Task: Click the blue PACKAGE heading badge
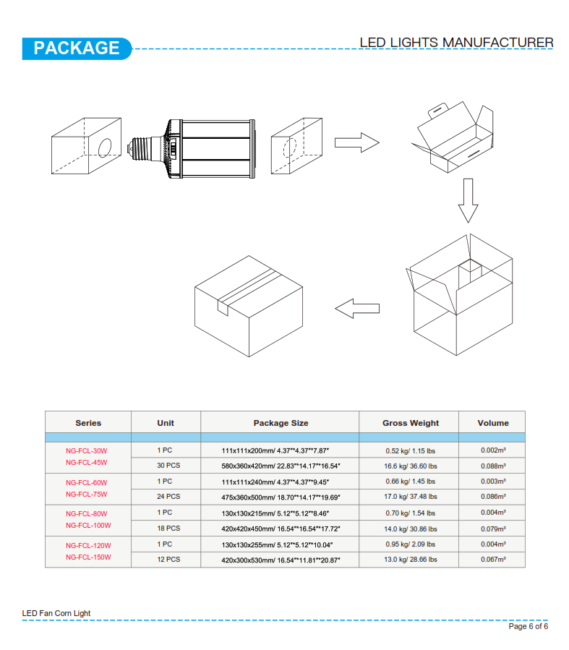tap(77, 48)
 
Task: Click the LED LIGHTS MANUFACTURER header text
tap(456, 42)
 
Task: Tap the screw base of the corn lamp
tap(142, 147)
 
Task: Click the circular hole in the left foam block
tap(105, 147)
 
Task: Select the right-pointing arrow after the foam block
tap(357, 142)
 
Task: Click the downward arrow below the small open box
tap(468, 200)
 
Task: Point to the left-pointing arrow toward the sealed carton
tap(357, 309)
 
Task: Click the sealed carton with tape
tap(249, 306)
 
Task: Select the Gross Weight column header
tap(410, 423)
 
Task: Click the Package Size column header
tap(281, 423)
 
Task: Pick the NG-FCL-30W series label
tap(86, 450)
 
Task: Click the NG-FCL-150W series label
tap(88, 557)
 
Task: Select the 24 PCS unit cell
tap(168, 497)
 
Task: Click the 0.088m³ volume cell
tap(493, 466)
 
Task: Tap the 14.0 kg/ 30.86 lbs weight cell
tap(410, 529)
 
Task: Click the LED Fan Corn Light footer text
tap(56, 613)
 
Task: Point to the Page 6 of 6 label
tap(528, 626)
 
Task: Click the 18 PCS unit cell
tap(168, 529)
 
